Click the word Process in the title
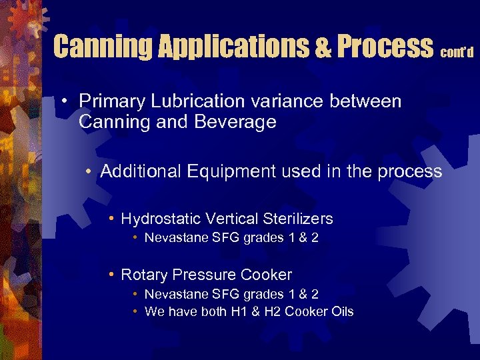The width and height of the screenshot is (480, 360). click(x=384, y=47)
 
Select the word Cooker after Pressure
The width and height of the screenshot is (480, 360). click(x=267, y=275)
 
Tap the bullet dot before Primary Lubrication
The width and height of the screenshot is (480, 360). click(x=61, y=103)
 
